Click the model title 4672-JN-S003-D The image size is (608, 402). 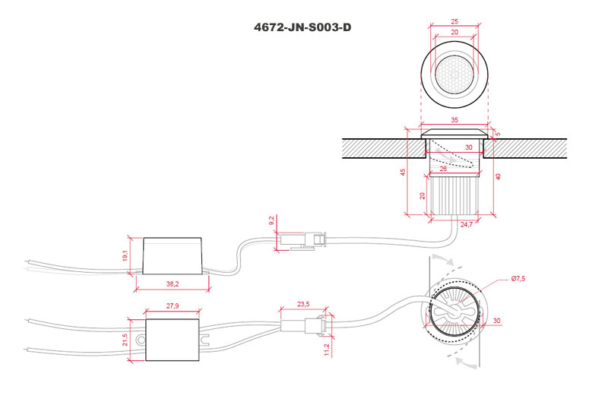tap(302, 27)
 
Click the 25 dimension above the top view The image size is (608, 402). tap(454, 22)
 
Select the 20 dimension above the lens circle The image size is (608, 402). tap(454, 32)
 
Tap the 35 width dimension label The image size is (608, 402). tap(454, 120)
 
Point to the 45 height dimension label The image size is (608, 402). tap(404, 172)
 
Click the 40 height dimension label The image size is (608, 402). tap(499, 176)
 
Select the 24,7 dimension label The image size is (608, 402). tap(467, 224)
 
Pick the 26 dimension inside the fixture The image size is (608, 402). tap(443, 169)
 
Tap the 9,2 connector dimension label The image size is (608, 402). tap(271, 220)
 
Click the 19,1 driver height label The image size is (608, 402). tap(125, 255)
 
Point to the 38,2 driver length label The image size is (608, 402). tap(173, 284)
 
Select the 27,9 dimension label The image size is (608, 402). tap(173, 306)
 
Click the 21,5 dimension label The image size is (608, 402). tap(125, 340)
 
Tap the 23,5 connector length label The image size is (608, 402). tap(303, 304)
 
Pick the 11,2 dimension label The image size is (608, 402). tap(327, 350)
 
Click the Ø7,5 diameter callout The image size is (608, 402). tap(518, 278)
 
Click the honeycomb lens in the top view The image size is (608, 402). tap(454, 74)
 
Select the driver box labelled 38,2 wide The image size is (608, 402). tap(173, 256)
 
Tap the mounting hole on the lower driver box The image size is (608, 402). tap(141, 340)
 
